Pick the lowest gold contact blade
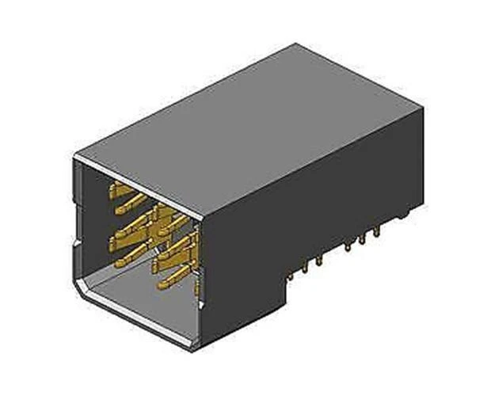[174, 279]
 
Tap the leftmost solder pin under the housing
[292, 276]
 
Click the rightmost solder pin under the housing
[377, 230]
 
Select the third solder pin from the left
[319, 258]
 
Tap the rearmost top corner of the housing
[296, 44]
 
